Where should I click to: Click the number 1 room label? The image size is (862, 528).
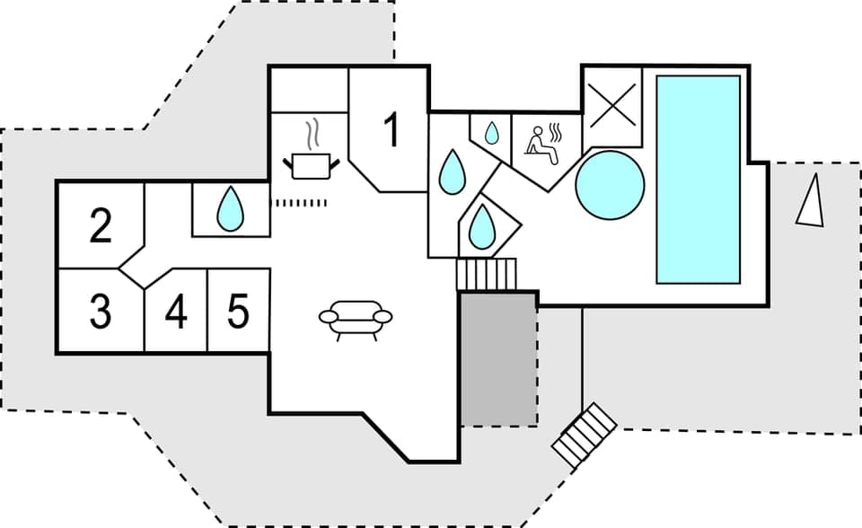391,130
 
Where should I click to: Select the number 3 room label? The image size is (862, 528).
101,312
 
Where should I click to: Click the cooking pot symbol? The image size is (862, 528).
312,164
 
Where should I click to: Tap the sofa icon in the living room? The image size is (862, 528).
356,319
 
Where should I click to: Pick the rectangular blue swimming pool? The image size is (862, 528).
698,179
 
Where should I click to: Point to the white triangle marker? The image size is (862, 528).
811,200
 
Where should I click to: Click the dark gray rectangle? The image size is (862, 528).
498,358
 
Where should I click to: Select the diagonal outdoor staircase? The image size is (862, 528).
585,434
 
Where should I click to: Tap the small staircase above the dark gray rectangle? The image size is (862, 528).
487,273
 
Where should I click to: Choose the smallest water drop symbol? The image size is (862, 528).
491,133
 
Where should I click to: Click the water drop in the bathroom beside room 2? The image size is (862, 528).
231,208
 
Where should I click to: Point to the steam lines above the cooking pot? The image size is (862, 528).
312,135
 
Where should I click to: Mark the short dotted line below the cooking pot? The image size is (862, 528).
300,202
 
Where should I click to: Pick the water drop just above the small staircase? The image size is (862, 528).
480,226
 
